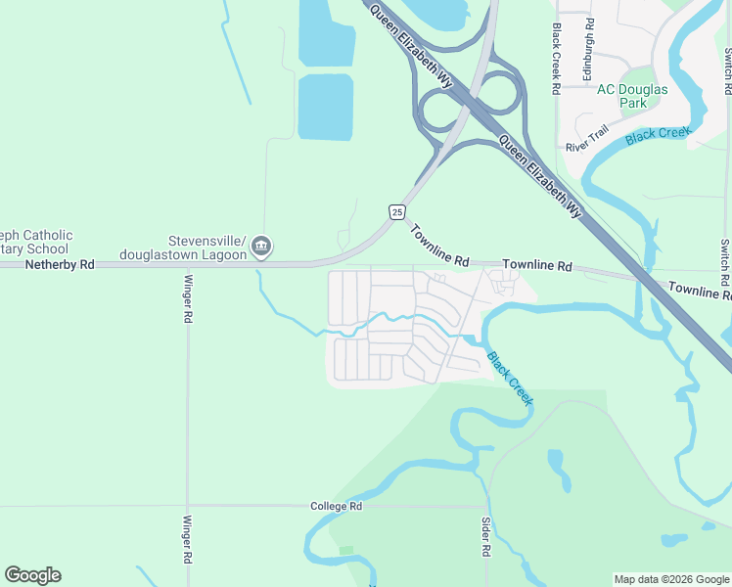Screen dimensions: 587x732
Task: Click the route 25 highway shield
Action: [x=396, y=212]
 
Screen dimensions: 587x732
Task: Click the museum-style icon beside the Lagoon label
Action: [x=261, y=246]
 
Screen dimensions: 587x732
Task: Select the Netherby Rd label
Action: [x=60, y=264]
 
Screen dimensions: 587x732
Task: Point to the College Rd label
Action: [x=336, y=506]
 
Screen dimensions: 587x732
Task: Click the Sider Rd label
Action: [x=485, y=537]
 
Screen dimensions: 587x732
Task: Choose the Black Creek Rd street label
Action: [x=556, y=59]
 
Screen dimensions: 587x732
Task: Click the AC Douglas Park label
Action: [x=632, y=96]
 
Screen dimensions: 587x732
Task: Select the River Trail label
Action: [x=587, y=138]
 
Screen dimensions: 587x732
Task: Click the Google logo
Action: [x=32, y=575]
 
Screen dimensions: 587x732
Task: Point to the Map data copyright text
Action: [x=671, y=579]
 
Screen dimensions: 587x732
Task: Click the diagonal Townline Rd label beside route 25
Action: [x=440, y=246]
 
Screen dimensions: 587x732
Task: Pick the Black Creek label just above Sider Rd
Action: [x=511, y=379]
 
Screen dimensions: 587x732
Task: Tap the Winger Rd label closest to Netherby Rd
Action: [x=188, y=299]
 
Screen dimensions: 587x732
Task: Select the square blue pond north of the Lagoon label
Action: [x=325, y=107]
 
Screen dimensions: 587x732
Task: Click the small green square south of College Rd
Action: [x=346, y=551]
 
